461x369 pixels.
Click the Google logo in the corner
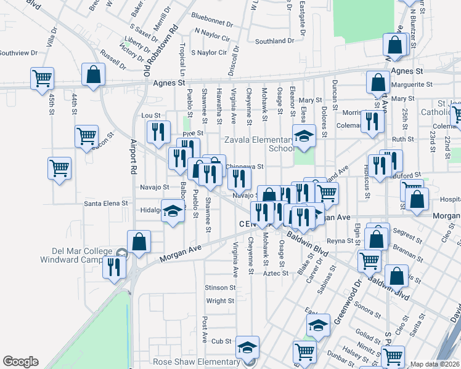pyautogui.click(x=20, y=362)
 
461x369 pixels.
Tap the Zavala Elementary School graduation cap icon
pyautogui.click(x=303, y=136)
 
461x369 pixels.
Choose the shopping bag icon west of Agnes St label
pyautogui.click(x=93, y=76)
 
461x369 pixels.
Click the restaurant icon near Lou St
pyautogui.click(x=157, y=131)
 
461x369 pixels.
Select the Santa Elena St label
pyautogui.click(x=106, y=202)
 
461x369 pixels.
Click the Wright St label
pyautogui.click(x=219, y=301)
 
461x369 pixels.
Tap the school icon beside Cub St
pyautogui.click(x=248, y=347)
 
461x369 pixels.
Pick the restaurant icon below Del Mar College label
pyautogui.click(x=115, y=268)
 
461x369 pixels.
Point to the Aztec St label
pyautogui.click(x=275, y=272)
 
